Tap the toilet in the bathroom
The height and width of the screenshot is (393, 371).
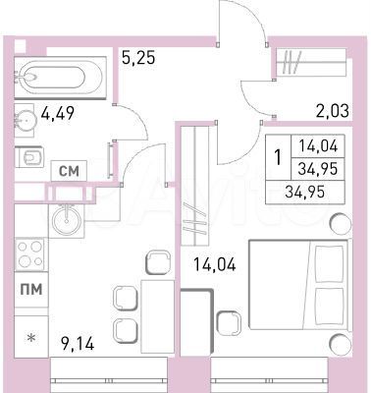coord(30,157)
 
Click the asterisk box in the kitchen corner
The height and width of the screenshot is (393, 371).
coord(30,339)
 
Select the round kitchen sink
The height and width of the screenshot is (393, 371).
coord(66,214)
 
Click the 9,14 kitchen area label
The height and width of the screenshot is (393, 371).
coord(77,345)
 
